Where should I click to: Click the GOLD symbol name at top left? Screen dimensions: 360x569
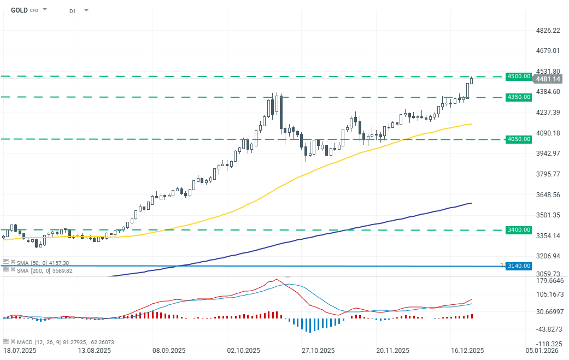[x=19, y=10]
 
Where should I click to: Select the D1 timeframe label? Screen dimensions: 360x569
[x=73, y=10]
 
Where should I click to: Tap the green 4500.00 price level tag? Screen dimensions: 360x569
[x=519, y=76]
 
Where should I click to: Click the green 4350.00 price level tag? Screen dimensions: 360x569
[x=519, y=97]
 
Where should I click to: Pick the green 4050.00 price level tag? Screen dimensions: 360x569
[x=519, y=139]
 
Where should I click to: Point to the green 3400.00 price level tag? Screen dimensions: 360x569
[x=519, y=230]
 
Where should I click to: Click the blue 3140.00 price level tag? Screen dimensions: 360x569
[x=519, y=266]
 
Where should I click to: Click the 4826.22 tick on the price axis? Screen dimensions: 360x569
[x=548, y=31]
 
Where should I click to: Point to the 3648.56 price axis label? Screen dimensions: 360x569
[x=548, y=195]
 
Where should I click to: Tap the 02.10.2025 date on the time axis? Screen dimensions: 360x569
[x=242, y=350]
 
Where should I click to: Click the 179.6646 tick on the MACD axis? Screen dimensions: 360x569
[x=549, y=281]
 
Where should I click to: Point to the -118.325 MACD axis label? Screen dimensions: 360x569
[x=549, y=344]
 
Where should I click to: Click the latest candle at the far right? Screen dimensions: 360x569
[x=471, y=80]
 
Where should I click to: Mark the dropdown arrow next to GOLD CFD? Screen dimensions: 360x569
[x=45, y=10]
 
